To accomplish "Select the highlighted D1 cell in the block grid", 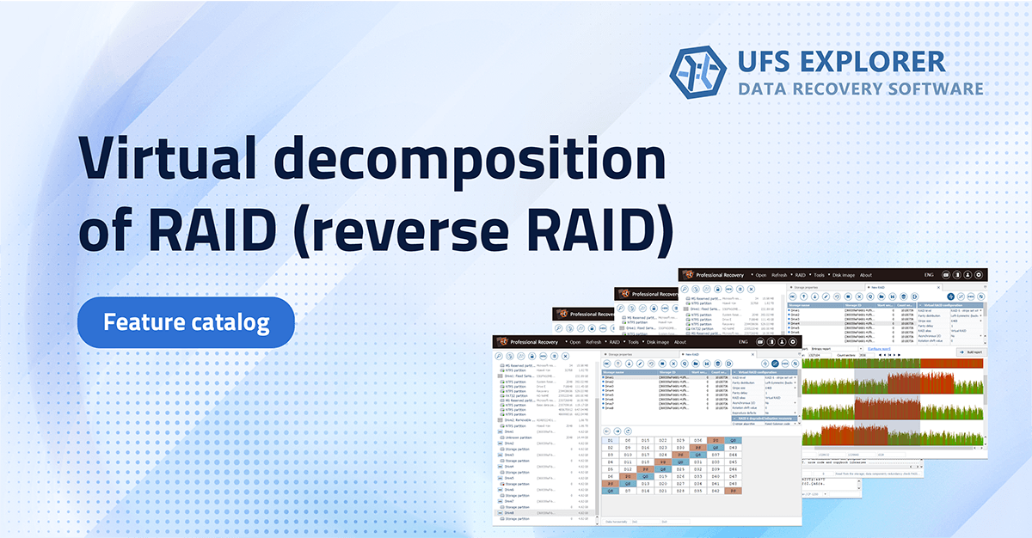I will click(611, 440).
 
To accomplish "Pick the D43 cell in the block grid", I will click(733, 448).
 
